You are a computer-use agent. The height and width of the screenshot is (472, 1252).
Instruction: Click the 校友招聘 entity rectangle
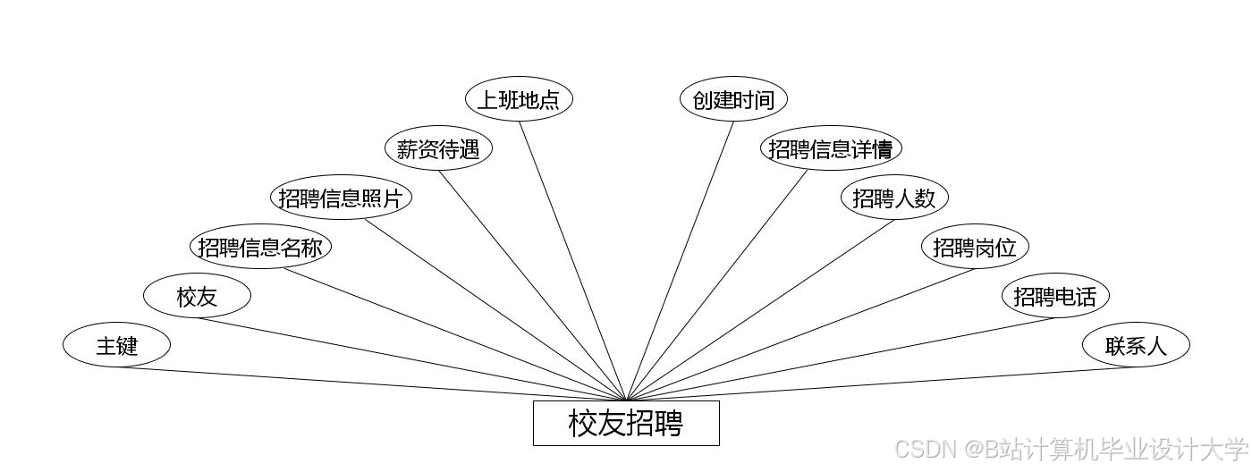tap(626, 423)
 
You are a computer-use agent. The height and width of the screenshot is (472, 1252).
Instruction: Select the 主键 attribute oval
tap(116, 345)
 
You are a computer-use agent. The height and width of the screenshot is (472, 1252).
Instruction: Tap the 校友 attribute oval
tap(197, 296)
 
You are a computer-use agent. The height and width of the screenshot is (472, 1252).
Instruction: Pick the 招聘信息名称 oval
tap(260, 247)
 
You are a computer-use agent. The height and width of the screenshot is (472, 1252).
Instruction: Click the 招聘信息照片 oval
tap(341, 198)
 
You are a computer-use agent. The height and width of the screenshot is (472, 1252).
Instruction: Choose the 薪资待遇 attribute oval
tap(438, 148)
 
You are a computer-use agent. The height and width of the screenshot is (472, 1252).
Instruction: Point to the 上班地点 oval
tap(519, 99)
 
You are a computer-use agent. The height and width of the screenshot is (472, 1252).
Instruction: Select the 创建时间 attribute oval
tap(733, 99)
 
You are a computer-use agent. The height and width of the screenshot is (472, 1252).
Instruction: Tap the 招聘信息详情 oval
tap(831, 148)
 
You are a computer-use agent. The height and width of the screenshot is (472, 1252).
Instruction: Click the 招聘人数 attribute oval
tap(894, 198)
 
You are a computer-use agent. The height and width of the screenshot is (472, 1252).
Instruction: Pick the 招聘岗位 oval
tap(975, 247)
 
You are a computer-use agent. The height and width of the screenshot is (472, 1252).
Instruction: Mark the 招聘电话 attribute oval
tap(1055, 296)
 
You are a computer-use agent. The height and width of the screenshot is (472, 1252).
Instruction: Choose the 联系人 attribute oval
tap(1136, 345)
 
